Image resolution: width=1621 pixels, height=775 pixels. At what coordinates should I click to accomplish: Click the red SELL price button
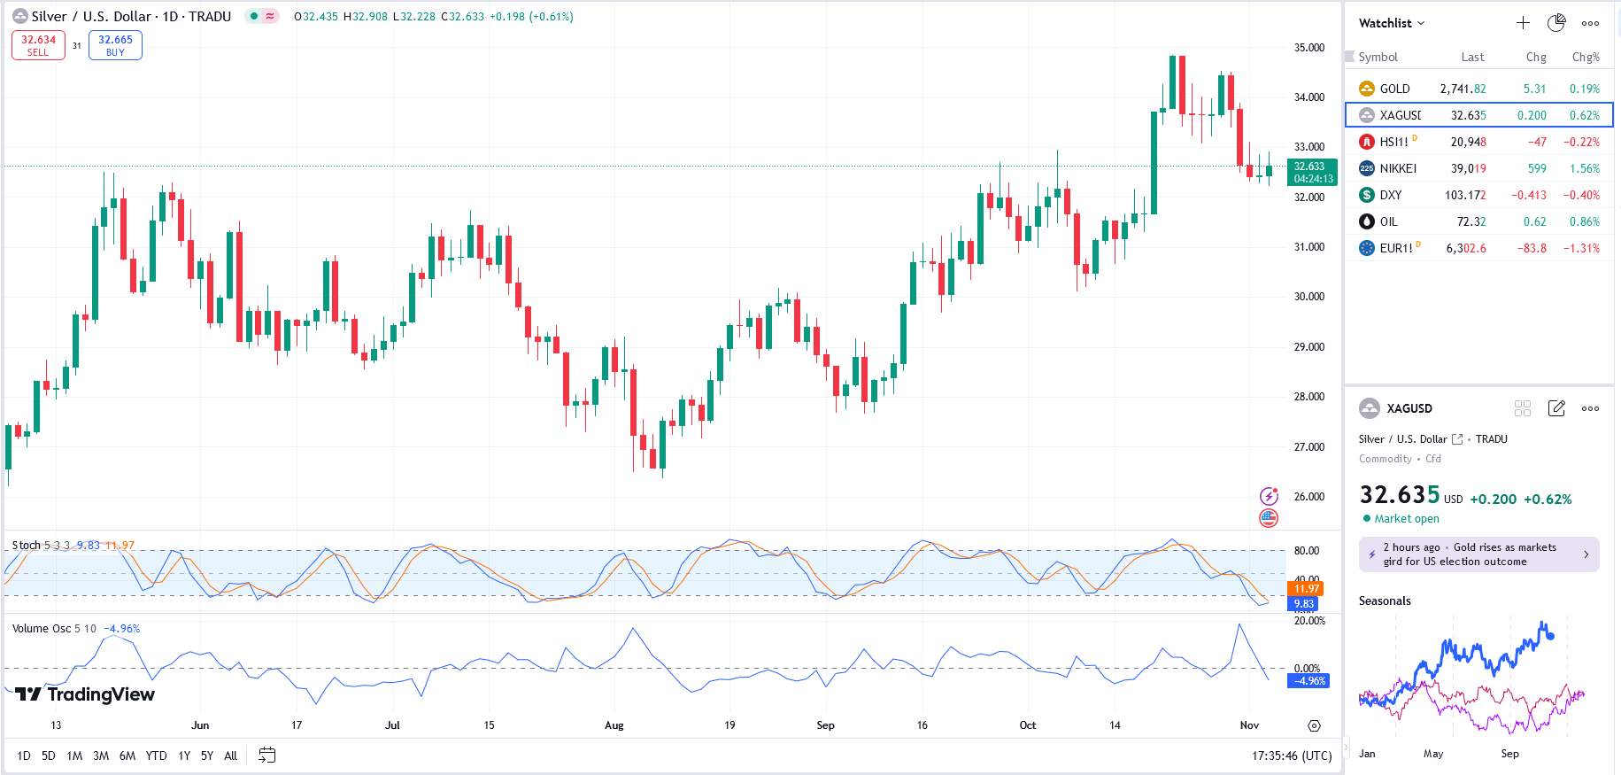click(x=38, y=45)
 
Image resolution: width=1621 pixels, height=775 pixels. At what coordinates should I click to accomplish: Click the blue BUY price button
click(x=115, y=45)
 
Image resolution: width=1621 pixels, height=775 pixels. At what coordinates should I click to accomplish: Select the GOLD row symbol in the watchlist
click(x=1394, y=89)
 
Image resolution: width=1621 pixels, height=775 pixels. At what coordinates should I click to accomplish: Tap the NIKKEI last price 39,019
click(x=1468, y=168)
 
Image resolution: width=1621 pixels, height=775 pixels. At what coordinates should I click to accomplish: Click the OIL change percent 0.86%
click(x=1584, y=221)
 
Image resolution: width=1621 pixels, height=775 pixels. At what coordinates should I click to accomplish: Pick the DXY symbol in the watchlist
click(x=1390, y=195)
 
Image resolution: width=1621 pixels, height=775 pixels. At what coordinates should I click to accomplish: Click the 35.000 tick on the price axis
click(x=1309, y=48)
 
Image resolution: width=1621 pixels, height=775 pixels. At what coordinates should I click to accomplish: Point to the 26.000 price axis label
click(x=1309, y=497)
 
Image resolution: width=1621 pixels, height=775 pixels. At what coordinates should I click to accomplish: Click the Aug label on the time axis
click(x=614, y=725)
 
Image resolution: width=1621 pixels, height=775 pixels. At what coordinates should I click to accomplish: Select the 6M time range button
click(x=127, y=756)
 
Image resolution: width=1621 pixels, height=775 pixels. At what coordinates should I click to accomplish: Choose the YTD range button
click(x=156, y=756)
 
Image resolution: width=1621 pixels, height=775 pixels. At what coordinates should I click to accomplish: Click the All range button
click(x=230, y=756)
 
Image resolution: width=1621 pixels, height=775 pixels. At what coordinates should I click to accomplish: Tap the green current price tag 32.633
click(x=1312, y=172)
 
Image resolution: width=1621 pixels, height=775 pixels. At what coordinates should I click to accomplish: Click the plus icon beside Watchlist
click(x=1523, y=23)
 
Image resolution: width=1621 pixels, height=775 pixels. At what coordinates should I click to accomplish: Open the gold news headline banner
click(x=1478, y=554)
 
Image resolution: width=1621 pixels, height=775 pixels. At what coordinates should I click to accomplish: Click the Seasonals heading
click(x=1385, y=601)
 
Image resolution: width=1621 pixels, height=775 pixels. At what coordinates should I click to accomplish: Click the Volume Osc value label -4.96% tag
click(x=1309, y=681)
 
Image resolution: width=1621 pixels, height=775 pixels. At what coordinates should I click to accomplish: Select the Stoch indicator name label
click(x=26, y=546)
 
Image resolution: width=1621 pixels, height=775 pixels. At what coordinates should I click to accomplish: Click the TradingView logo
click(x=85, y=694)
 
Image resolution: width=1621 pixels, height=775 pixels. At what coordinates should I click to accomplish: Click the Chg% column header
click(x=1585, y=57)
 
